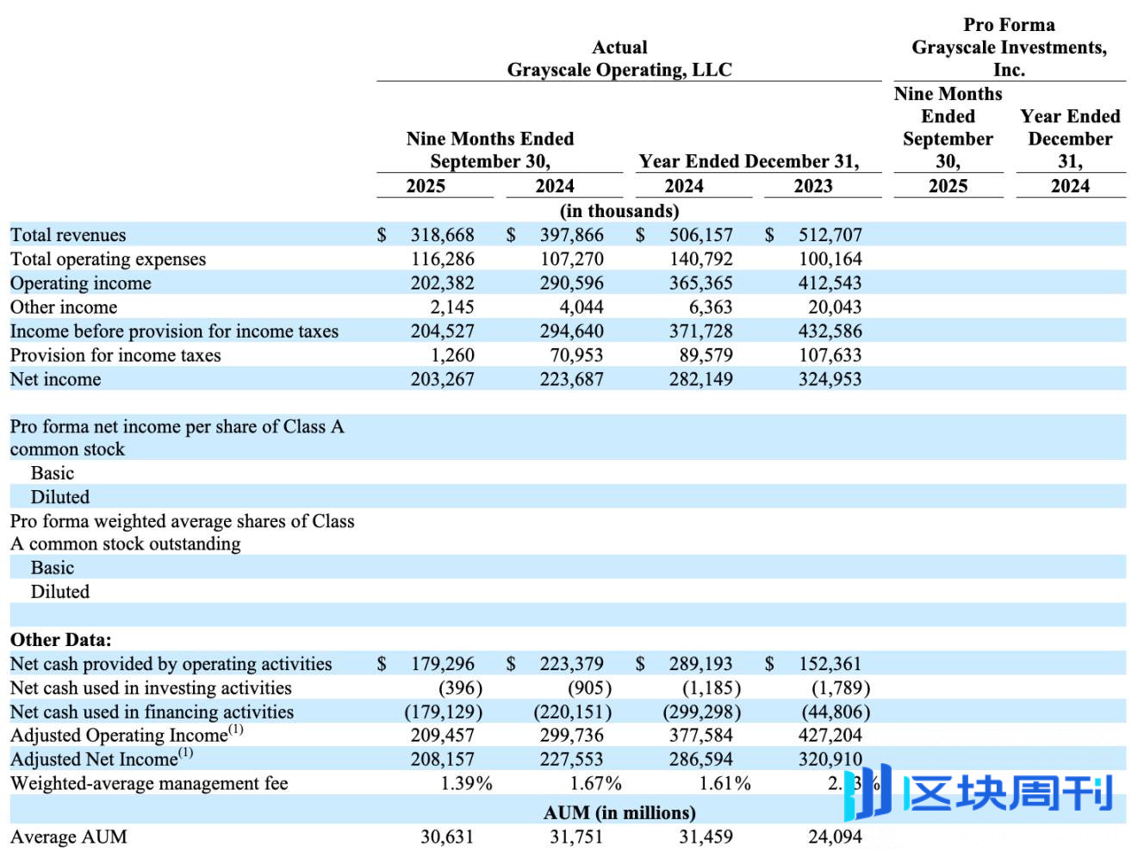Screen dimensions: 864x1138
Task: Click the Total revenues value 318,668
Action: click(442, 235)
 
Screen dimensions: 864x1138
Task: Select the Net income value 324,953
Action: click(830, 380)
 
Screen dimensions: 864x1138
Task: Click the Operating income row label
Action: click(80, 283)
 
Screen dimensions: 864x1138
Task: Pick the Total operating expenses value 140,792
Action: click(700, 259)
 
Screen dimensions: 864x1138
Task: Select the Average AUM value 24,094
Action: click(834, 837)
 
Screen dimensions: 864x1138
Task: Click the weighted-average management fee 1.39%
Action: click(466, 784)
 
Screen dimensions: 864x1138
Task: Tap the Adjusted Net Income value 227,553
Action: click(571, 760)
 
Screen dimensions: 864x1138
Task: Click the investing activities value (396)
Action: click(460, 688)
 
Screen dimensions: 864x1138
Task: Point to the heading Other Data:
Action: click(60, 640)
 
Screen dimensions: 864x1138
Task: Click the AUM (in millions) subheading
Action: click(619, 813)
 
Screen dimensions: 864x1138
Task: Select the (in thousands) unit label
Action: click(619, 211)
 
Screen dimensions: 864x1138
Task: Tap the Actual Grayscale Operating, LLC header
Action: click(619, 59)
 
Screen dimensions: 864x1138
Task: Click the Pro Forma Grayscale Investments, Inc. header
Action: click(1009, 47)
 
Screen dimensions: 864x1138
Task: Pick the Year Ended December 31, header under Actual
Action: click(749, 161)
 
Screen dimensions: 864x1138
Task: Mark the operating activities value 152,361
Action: click(830, 664)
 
